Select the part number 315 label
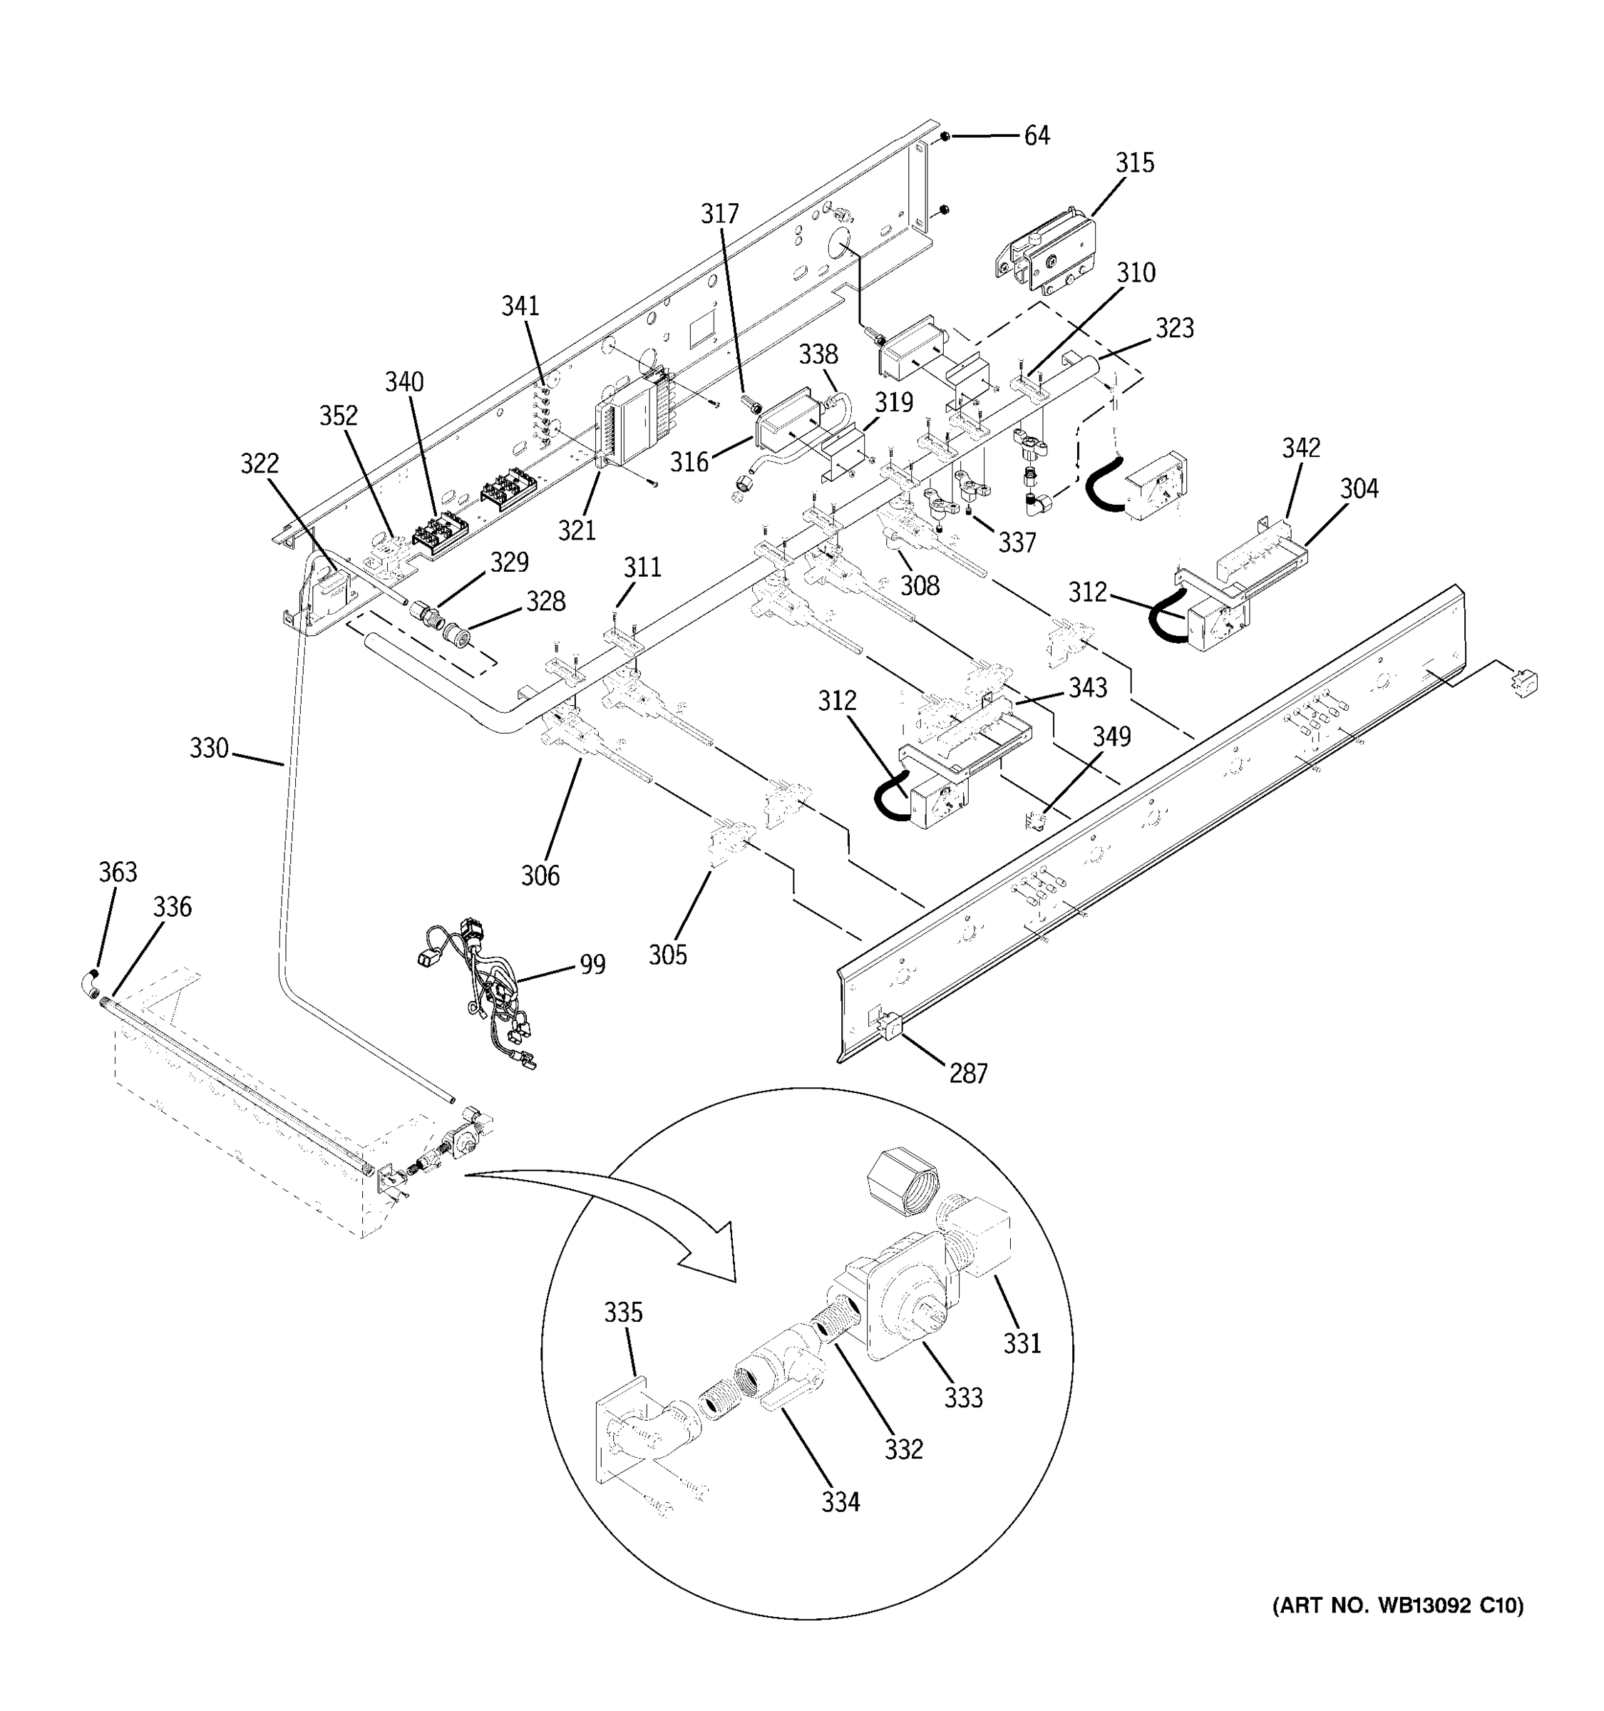[x=1134, y=163]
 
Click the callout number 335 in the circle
[x=622, y=1312]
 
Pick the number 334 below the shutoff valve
[x=840, y=1502]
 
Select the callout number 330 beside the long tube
[x=209, y=748]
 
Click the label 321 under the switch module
[x=577, y=530]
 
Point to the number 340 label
[x=403, y=381]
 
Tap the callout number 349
[x=1112, y=736]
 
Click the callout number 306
[x=540, y=875]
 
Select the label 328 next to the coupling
[x=546, y=601]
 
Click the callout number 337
[x=1017, y=543]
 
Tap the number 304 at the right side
[x=1359, y=489]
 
